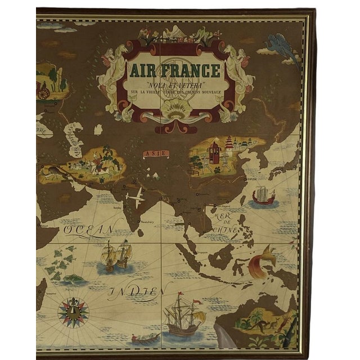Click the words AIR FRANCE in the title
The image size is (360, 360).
pyautogui.click(x=173, y=72)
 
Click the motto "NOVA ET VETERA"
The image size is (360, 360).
pyautogui.click(x=173, y=85)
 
